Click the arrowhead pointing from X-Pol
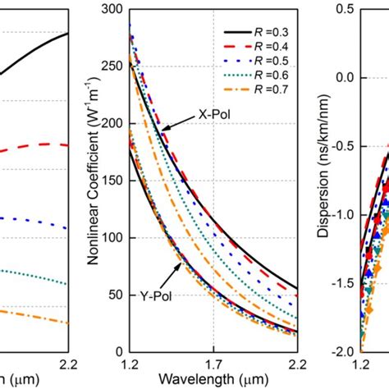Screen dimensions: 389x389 (x=164, y=129)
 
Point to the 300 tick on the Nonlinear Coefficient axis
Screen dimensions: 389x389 (x=113, y=9)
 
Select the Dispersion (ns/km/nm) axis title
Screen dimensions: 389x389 (x=327, y=178)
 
